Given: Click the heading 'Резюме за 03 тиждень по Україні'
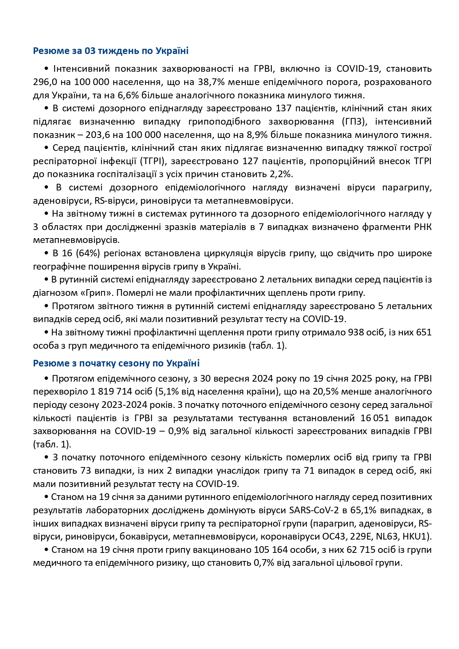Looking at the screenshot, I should coord(111,51).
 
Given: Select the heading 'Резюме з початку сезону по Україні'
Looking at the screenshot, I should coord(116,363).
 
